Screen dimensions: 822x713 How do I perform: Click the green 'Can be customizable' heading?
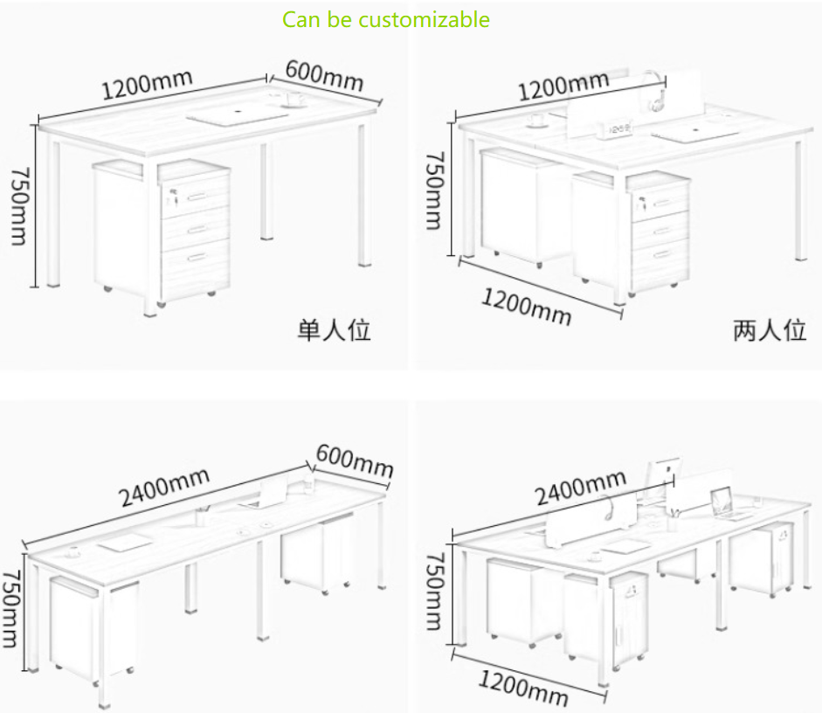point(386,20)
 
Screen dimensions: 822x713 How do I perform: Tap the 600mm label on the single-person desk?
point(324,77)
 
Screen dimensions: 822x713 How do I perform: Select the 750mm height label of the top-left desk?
point(20,206)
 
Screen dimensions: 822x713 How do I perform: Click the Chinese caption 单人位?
point(334,330)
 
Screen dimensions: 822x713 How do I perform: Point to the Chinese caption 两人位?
point(769,330)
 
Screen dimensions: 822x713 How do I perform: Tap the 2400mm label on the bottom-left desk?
point(164,488)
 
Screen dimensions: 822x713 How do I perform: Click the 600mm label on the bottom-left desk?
point(355,460)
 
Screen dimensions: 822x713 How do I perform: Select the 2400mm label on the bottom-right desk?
point(581,487)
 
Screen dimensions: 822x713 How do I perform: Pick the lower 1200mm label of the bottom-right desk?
point(523,688)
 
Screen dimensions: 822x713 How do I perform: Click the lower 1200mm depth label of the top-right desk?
point(527,307)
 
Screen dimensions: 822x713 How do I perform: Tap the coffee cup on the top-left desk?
point(294,99)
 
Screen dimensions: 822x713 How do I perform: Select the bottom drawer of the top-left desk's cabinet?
point(195,268)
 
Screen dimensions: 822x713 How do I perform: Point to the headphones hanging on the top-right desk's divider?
point(655,91)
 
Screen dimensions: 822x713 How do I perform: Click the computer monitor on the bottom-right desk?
point(663,477)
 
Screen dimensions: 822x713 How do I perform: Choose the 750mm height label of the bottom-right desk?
point(435,591)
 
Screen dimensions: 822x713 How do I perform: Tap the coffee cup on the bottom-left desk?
point(73,551)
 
